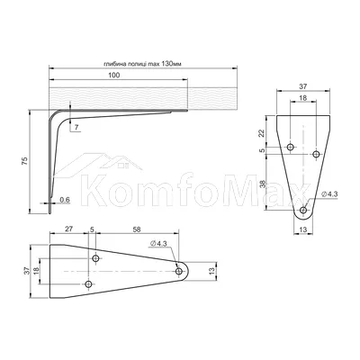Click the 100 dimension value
pos(113,75)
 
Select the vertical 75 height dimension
pos(25,161)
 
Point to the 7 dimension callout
pos(76,128)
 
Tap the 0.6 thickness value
pos(65,199)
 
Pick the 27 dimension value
pos(69,229)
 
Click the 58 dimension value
pos(137,229)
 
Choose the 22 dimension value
pos(261,133)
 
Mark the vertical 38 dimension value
pos(263,184)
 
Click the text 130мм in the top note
pos(171,64)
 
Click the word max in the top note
pos(155,64)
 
